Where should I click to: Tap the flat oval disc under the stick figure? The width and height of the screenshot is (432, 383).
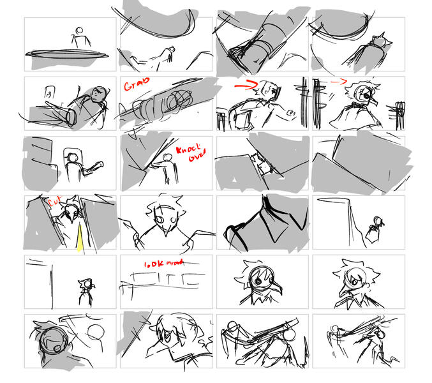click(x=67, y=53)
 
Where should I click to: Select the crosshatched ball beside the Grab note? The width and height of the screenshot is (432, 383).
click(x=179, y=99)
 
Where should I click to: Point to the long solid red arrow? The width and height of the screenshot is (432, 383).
click(x=244, y=84)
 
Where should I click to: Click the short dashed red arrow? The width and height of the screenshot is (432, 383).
click(x=338, y=82)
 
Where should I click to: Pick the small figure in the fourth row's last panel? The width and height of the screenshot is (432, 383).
click(x=377, y=227)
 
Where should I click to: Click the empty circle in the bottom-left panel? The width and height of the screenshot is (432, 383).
click(x=96, y=333)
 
